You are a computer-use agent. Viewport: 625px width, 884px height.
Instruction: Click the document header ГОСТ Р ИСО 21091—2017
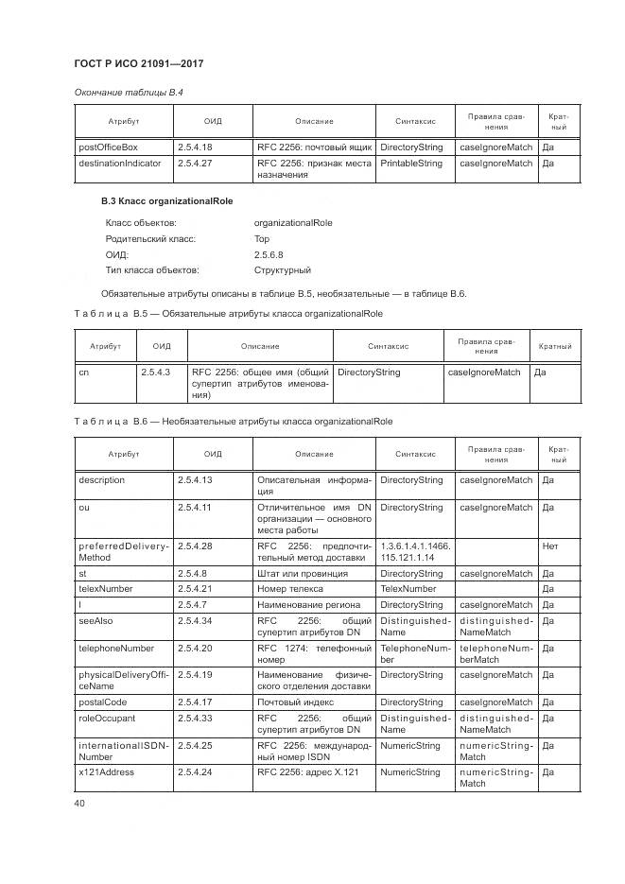139,63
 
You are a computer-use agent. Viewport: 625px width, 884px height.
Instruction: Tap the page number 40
79,803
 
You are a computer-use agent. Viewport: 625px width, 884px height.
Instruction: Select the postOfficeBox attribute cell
108,147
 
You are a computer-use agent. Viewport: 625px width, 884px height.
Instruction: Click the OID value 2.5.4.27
195,163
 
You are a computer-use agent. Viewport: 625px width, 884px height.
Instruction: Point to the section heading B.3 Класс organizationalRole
166,201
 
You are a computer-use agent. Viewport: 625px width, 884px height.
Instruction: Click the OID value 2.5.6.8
269,254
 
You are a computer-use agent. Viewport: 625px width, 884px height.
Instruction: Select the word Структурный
283,270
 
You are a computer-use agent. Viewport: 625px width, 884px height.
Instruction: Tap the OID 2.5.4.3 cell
155,373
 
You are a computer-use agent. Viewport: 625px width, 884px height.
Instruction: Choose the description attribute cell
101,480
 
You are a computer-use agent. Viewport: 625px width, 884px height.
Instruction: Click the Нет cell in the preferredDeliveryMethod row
550,546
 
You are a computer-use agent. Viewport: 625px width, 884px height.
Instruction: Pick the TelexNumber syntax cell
407,589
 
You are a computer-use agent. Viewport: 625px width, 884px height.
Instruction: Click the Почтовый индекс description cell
292,702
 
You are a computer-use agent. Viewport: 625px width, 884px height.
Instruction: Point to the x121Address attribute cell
106,772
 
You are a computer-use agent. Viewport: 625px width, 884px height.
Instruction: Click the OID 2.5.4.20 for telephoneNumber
195,649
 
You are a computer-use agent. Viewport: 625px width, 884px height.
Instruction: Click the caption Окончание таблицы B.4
128,92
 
